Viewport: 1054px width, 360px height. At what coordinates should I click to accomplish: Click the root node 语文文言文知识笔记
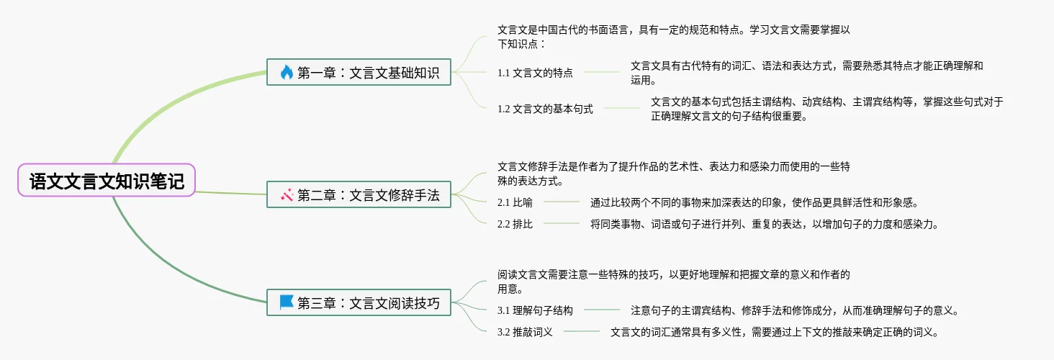point(107,181)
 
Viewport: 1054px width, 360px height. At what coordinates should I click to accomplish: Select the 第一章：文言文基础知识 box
point(359,73)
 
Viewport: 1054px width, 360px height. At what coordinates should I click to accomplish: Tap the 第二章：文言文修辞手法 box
point(359,194)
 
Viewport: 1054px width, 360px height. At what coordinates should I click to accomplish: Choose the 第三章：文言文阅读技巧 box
point(359,303)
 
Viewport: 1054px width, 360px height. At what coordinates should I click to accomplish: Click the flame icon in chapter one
point(287,73)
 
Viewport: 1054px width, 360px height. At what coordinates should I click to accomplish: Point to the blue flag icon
point(287,302)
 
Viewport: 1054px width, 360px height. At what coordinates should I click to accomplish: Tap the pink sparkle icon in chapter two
point(287,194)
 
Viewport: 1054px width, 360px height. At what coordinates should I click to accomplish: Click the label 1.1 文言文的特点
point(535,73)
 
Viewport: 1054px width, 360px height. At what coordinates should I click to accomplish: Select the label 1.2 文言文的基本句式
point(545,109)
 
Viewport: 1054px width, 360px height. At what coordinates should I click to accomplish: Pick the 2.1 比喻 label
point(515,202)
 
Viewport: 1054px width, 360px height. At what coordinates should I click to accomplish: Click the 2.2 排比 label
point(515,224)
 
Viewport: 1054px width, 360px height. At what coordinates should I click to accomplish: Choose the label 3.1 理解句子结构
point(535,310)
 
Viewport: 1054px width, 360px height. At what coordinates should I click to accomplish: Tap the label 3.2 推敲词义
point(525,332)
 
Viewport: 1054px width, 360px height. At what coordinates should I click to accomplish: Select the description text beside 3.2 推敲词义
point(774,332)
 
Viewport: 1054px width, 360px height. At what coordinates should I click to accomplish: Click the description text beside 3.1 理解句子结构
point(794,310)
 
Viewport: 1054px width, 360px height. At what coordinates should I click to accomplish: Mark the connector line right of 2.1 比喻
point(562,202)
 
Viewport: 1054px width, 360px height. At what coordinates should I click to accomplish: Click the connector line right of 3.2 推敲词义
point(582,332)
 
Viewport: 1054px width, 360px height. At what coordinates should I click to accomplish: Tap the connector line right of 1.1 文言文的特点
point(602,72)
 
